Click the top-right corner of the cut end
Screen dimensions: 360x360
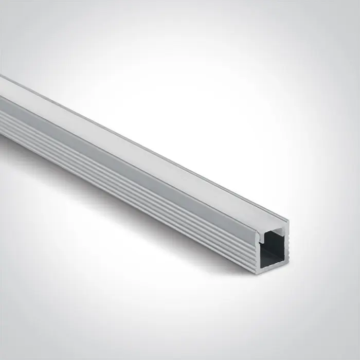point(289,221)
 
